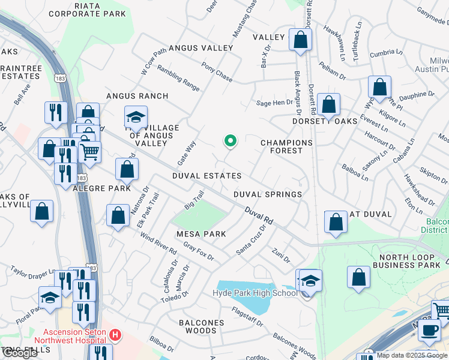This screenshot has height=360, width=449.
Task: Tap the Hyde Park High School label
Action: pos(255,293)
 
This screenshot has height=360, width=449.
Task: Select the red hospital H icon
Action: pos(116,334)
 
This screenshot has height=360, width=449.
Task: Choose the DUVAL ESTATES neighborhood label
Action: pos(206,176)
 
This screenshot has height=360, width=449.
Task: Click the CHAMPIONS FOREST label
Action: pos(286,147)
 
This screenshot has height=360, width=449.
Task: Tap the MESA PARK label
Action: pos(200,234)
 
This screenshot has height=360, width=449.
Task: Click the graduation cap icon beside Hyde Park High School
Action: pos(310,280)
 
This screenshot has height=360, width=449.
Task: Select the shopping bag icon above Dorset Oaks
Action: pos(328,104)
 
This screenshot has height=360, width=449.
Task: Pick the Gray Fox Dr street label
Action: pos(199,252)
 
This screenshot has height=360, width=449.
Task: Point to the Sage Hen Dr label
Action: pos(274,103)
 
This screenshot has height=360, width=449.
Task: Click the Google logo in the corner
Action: pos(20,353)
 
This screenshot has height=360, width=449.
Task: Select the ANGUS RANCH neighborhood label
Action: pos(137,96)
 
